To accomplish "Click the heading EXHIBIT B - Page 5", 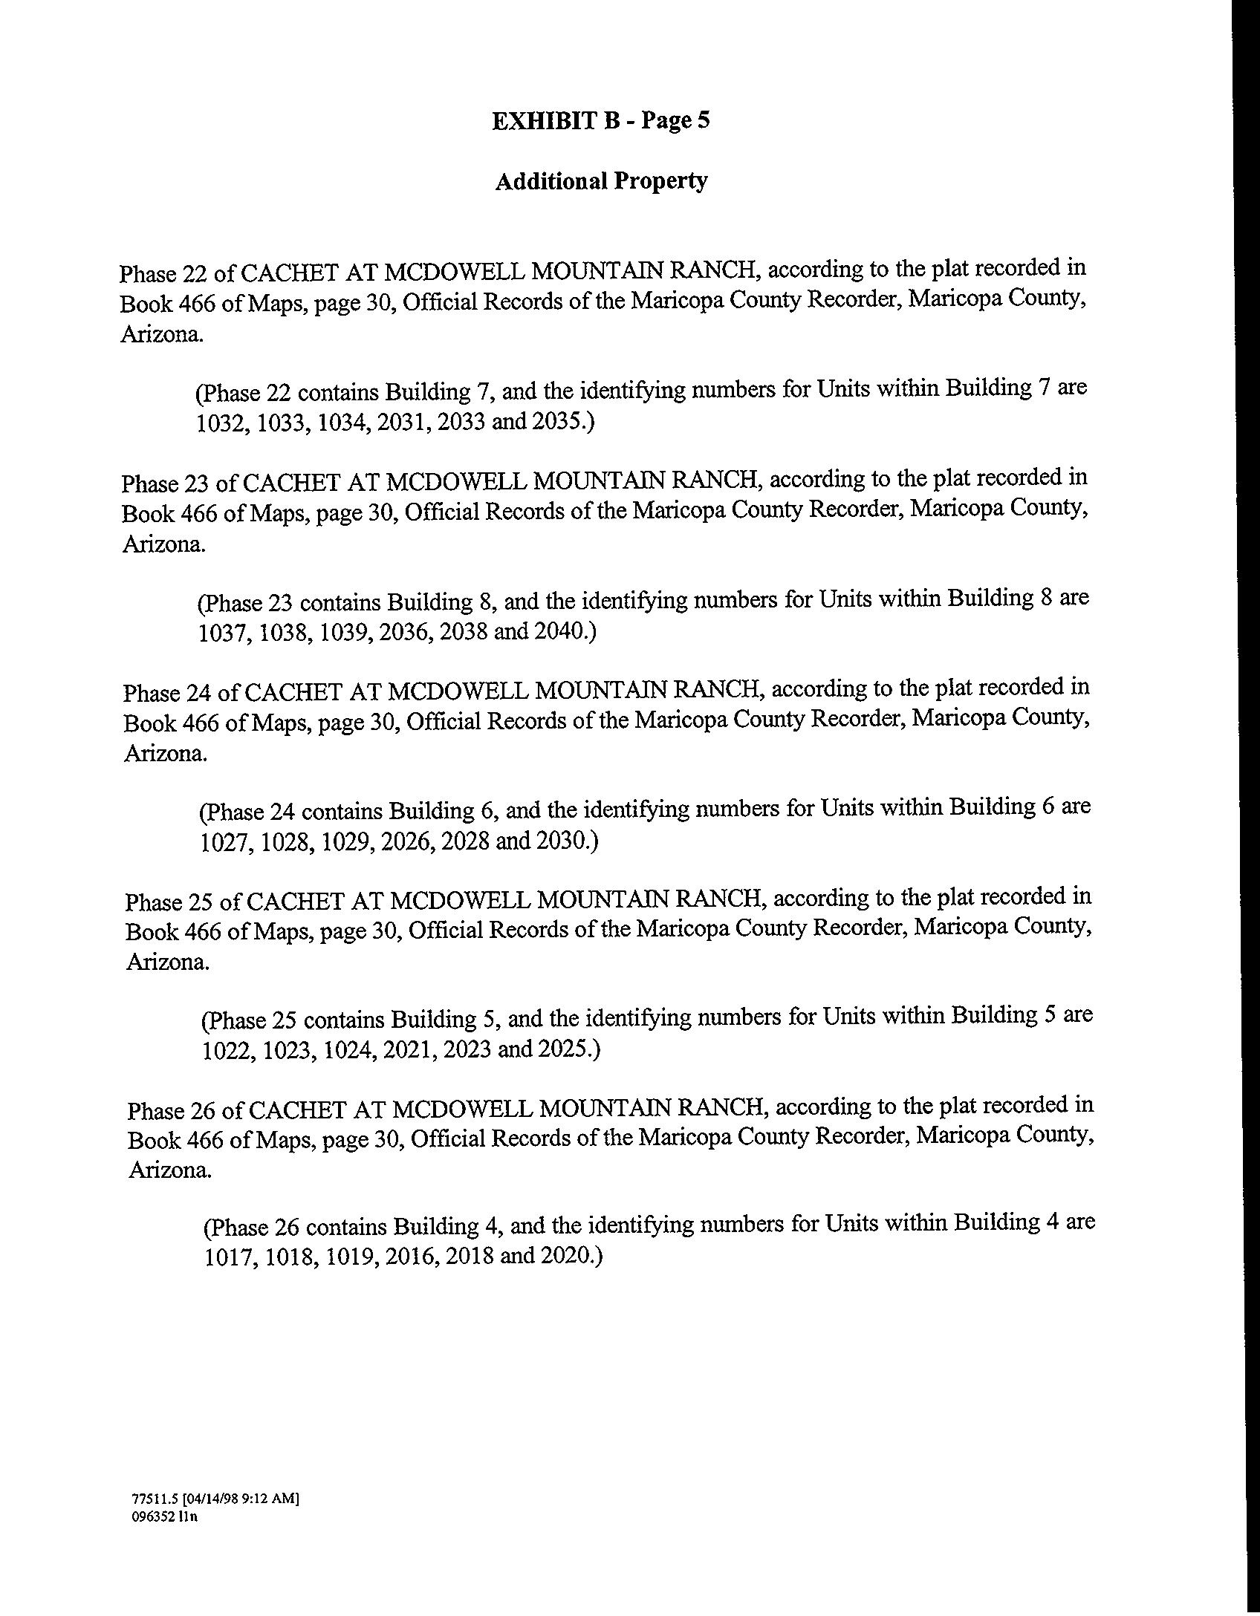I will pyautogui.click(x=600, y=121).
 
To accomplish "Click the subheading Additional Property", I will pyautogui.click(x=600, y=181).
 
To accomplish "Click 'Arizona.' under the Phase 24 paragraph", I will pyautogui.click(x=166, y=755).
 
